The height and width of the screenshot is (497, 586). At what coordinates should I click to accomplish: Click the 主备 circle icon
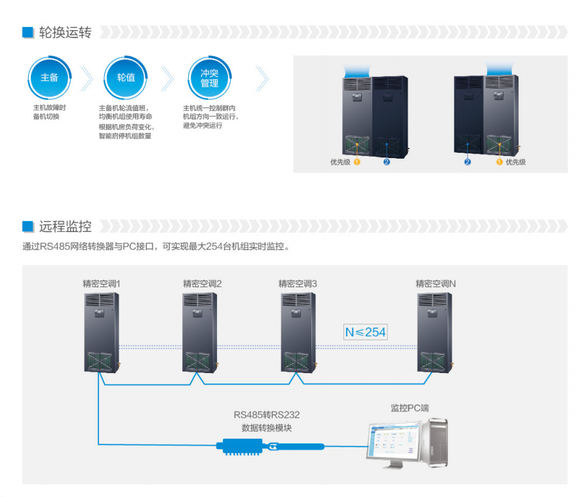tap(50, 77)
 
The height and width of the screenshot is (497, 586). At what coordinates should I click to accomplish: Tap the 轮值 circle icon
tap(126, 77)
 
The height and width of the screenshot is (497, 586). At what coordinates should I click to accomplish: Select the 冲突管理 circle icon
tap(209, 77)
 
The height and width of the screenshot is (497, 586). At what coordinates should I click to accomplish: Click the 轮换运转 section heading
tap(65, 32)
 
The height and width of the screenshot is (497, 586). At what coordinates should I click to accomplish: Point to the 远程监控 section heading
tap(65, 227)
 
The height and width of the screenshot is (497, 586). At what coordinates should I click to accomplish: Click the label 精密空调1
tap(102, 284)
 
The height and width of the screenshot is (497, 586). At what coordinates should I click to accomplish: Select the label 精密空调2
tap(203, 284)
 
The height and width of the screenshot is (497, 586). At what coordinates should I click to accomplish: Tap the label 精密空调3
tap(298, 284)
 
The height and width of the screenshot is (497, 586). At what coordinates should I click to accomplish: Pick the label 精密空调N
tap(436, 284)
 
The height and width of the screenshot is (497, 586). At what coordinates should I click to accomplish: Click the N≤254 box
tap(365, 332)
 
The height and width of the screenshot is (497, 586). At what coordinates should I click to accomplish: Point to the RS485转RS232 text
tap(267, 414)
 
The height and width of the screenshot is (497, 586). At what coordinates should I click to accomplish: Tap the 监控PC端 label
tap(410, 408)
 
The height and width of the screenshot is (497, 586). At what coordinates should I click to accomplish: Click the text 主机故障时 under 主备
tap(50, 108)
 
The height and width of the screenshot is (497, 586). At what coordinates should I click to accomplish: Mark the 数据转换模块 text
tap(267, 427)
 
